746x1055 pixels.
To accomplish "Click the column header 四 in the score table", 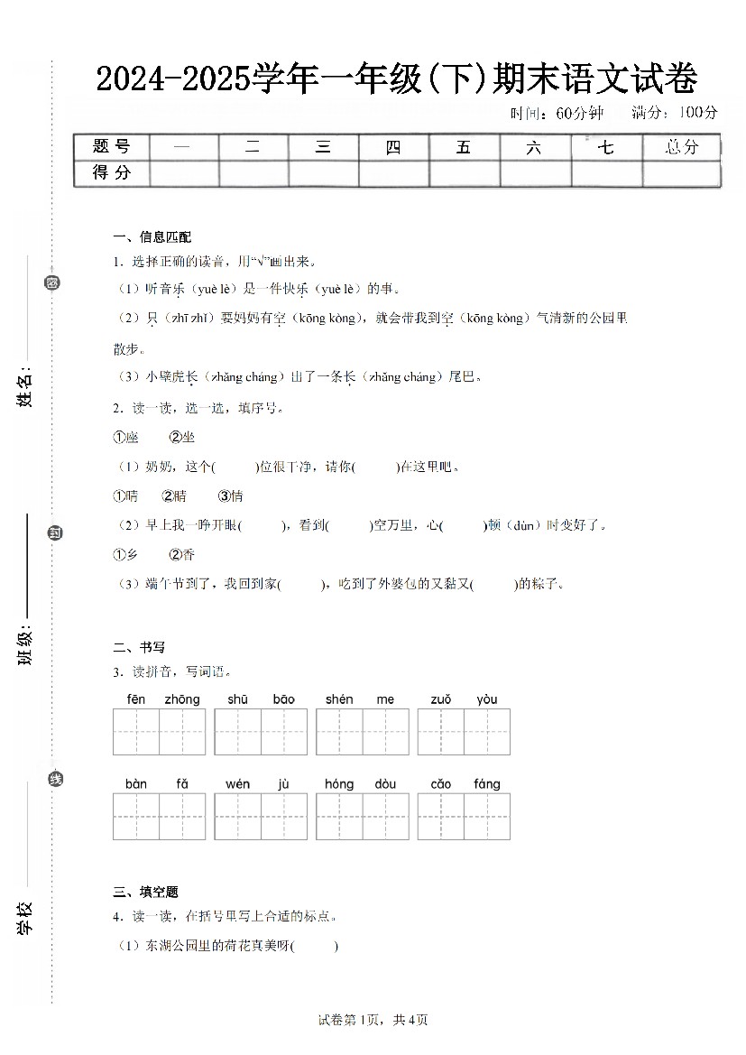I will [x=393, y=147].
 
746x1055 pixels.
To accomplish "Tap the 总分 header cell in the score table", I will [x=681, y=147].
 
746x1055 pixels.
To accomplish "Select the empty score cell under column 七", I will [x=606, y=172].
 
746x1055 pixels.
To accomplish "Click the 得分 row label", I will [x=111, y=172].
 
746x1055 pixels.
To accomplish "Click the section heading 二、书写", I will [x=139, y=647].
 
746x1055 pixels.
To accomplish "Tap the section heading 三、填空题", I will [x=145, y=893].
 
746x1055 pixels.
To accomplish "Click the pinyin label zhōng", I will [x=182, y=699].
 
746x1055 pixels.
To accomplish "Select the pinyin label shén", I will [x=339, y=699].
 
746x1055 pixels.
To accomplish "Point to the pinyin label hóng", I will [x=339, y=784].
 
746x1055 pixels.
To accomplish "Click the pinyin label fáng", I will [x=486, y=784].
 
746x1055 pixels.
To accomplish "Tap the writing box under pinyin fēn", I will [x=136, y=732].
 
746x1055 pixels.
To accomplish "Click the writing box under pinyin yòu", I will [x=487, y=732].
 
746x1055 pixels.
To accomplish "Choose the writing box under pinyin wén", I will [x=238, y=817].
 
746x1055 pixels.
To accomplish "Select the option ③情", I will [x=230, y=495].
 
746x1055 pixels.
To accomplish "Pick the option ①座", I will [x=125, y=437].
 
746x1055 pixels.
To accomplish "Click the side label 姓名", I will [x=26, y=388].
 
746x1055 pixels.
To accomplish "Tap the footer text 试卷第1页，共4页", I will [x=373, y=1020].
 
